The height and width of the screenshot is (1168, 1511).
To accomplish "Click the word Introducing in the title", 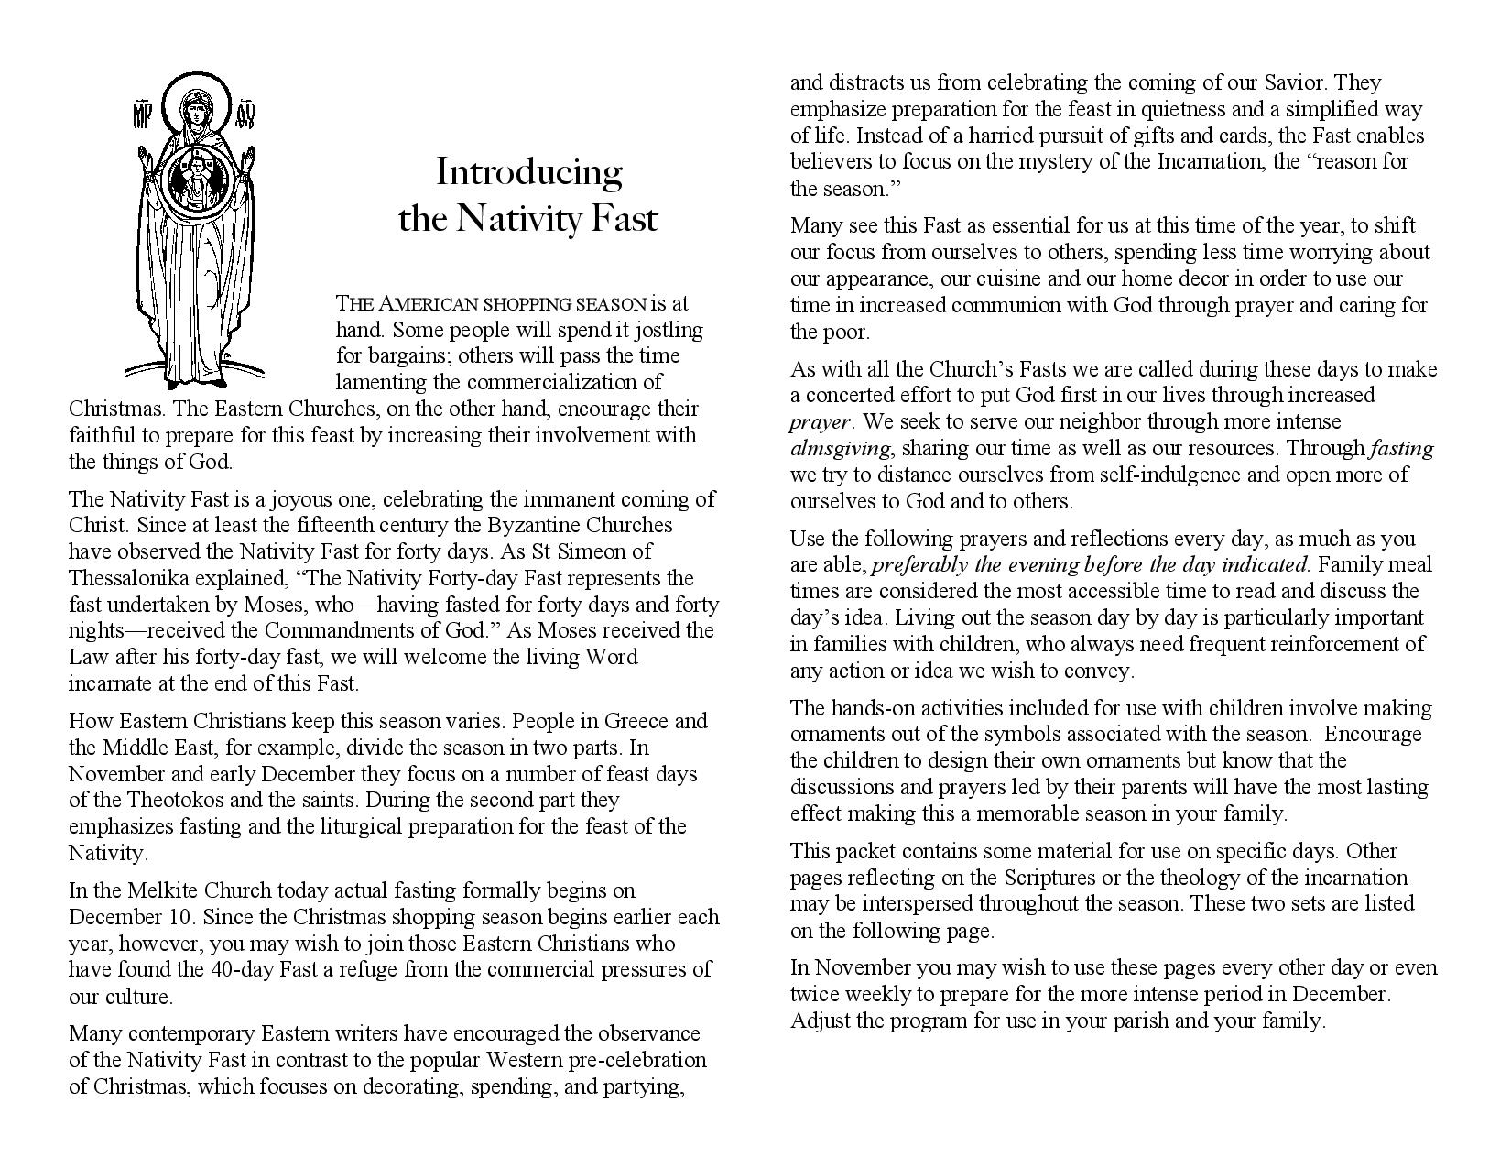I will tap(528, 172).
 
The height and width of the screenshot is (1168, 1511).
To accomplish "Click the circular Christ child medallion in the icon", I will tap(195, 177).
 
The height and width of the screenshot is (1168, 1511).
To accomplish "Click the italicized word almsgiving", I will tap(840, 448).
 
